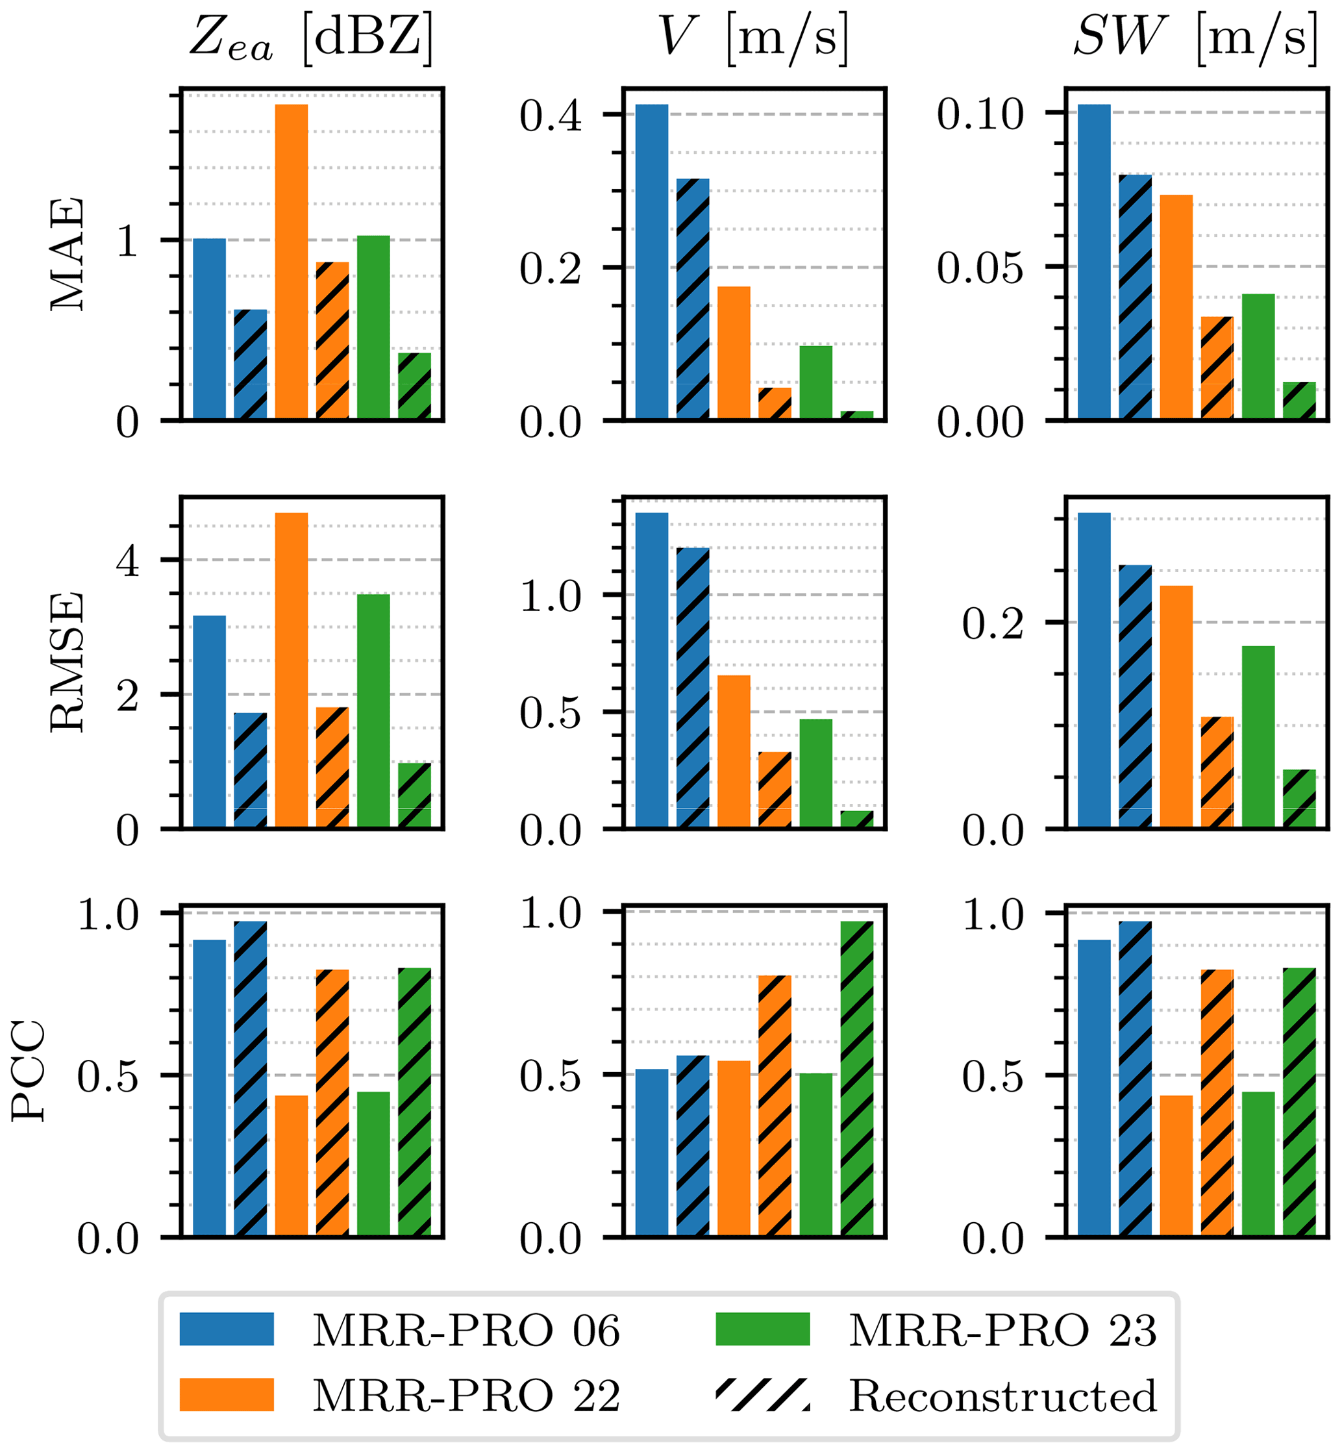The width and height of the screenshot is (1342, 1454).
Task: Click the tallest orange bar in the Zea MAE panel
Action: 292,262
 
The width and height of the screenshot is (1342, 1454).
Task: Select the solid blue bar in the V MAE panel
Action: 651,262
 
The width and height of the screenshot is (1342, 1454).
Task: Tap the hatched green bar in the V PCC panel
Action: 857,1079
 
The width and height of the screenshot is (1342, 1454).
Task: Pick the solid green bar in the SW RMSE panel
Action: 1258,736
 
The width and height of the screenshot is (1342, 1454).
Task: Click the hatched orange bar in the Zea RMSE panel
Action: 332,767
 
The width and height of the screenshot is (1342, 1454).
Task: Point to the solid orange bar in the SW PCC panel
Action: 1176,1166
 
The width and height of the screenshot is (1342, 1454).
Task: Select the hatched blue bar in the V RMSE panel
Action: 693,687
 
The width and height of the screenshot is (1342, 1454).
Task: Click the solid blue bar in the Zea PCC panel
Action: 209,1088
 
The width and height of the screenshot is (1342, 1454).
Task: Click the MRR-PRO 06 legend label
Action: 466,1331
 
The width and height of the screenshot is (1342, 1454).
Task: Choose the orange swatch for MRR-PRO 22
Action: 227,1394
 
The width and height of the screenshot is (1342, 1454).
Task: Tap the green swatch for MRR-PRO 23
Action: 762,1329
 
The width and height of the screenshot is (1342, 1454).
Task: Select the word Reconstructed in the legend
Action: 1003,1395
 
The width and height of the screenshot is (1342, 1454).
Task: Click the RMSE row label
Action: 67,662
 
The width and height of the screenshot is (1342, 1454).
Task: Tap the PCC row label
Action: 29,1072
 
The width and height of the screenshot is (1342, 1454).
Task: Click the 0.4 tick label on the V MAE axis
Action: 551,116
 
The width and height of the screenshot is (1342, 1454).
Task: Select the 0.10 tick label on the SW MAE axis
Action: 980,114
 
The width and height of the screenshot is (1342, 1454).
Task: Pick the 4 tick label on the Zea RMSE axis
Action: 128,560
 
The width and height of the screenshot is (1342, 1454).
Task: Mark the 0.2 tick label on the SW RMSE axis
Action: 993,623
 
